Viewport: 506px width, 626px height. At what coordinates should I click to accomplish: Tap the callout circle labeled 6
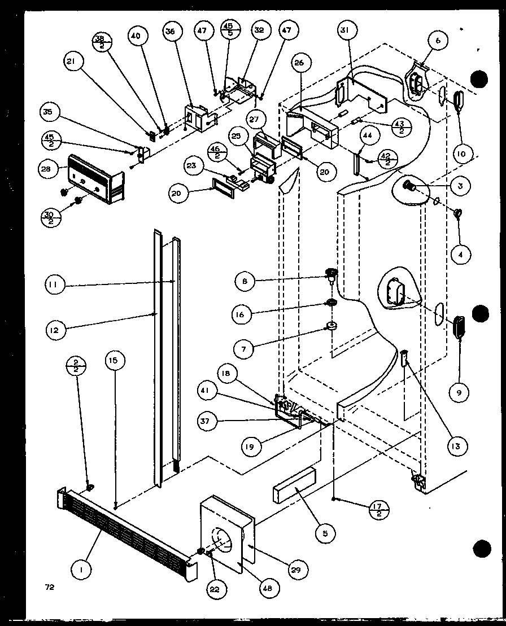point(438,40)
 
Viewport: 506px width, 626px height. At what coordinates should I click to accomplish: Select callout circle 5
point(326,532)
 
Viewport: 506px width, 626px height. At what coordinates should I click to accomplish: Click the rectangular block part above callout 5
point(294,484)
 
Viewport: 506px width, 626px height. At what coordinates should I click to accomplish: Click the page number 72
point(50,587)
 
